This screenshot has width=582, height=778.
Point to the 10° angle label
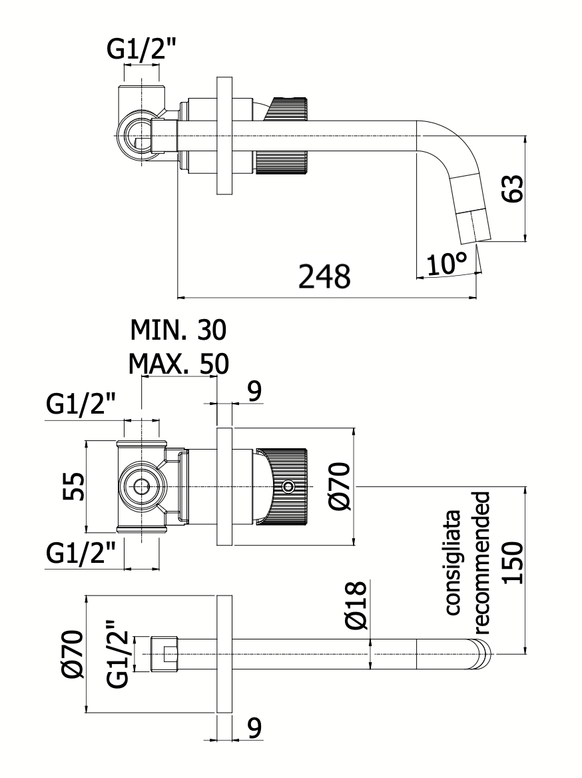(x=446, y=264)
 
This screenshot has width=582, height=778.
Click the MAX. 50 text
(x=178, y=364)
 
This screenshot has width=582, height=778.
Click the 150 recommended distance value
(x=512, y=563)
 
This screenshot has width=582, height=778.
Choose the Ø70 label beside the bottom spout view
(x=72, y=654)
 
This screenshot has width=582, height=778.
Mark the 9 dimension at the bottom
(x=254, y=730)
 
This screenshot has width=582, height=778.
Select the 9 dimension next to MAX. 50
(x=254, y=392)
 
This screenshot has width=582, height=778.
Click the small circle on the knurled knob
(x=288, y=487)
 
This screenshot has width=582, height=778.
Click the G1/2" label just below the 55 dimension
(x=81, y=554)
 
